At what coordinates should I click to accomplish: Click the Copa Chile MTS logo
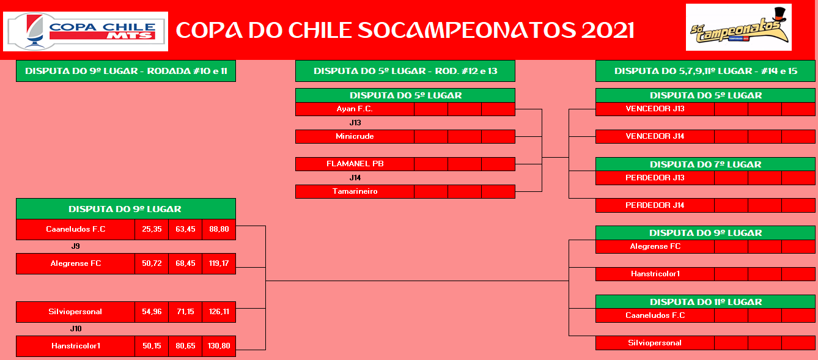pyautogui.click(x=86, y=31)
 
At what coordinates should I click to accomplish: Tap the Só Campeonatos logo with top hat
pyautogui.click(x=739, y=28)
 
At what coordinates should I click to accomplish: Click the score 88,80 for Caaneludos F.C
pyautogui.click(x=219, y=229)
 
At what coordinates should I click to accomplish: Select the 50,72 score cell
pyautogui.click(x=152, y=263)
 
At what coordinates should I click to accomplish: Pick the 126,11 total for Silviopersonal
pyautogui.click(x=219, y=312)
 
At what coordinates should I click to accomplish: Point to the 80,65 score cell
pyautogui.click(x=185, y=346)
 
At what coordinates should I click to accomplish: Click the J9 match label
pyautogui.click(x=76, y=246)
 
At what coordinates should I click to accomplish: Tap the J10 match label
pyautogui.click(x=76, y=329)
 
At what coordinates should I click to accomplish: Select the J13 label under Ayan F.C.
pyautogui.click(x=355, y=123)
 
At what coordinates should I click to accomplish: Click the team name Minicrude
pyautogui.click(x=355, y=136)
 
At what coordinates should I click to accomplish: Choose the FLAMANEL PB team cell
pyautogui.click(x=355, y=164)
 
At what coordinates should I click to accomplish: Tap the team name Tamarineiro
pyautogui.click(x=355, y=191)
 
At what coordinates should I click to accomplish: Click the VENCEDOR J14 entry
pyautogui.click(x=655, y=136)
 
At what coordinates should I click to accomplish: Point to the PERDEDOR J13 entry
pyautogui.click(x=655, y=178)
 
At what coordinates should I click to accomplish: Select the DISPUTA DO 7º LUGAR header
pyautogui.click(x=705, y=164)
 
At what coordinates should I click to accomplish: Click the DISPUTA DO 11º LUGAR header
pyautogui.click(x=705, y=302)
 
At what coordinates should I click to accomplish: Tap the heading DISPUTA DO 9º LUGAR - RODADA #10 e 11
pyautogui.click(x=126, y=71)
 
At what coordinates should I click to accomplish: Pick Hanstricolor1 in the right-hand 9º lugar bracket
pyautogui.click(x=655, y=274)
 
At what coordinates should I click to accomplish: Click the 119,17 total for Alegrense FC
pyautogui.click(x=219, y=263)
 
